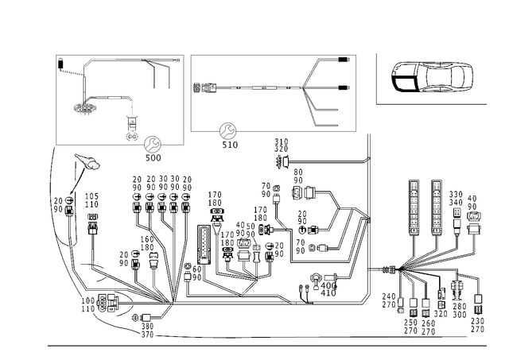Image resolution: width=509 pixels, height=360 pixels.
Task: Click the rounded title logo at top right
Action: pos(433,78)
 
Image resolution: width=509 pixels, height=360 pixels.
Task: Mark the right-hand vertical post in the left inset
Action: pos(165,76)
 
